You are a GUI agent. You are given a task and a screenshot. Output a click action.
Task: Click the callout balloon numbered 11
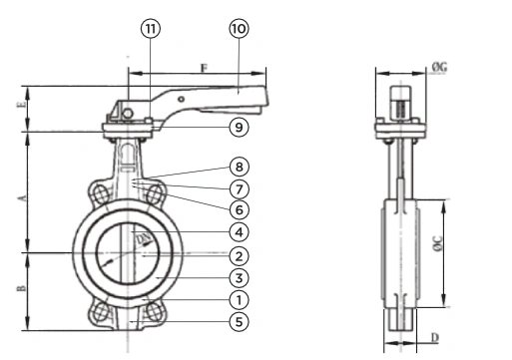click(x=151, y=29)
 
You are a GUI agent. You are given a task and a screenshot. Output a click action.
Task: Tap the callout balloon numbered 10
click(x=239, y=29)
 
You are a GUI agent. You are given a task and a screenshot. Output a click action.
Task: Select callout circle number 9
click(x=239, y=127)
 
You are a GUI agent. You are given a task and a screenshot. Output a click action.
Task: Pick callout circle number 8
click(x=239, y=167)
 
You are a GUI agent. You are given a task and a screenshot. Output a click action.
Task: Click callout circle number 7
click(x=239, y=189)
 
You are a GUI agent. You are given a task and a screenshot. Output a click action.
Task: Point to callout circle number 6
click(x=239, y=209)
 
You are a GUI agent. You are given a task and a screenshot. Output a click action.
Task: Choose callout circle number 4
click(x=239, y=232)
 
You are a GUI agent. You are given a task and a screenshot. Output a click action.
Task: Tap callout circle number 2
click(x=239, y=256)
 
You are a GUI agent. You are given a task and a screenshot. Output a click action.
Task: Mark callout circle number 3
click(x=239, y=278)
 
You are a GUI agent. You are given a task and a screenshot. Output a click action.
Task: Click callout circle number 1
click(x=239, y=300)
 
